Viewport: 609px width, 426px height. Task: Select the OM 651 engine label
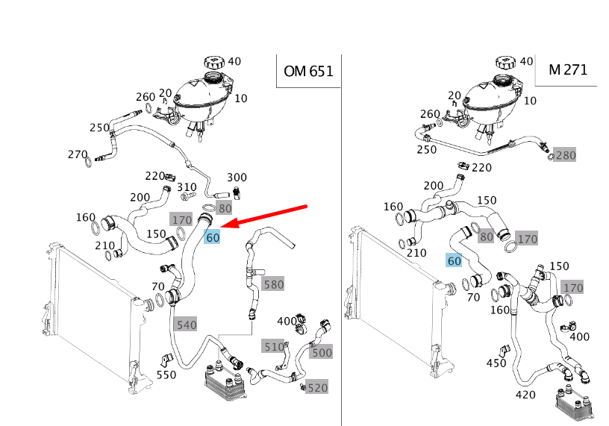click(x=307, y=72)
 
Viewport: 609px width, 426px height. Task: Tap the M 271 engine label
click(x=567, y=70)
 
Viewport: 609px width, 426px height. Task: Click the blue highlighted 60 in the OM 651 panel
click(x=213, y=238)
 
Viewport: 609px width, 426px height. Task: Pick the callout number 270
click(x=78, y=155)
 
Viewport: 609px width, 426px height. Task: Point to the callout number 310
click(x=187, y=187)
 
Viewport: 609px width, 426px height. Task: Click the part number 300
click(x=237, y=178)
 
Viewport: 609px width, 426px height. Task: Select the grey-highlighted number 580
click(x=273, y=284)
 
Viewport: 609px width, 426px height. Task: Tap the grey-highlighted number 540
click(x=185, y=325)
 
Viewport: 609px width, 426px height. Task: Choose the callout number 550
click(x=166, y=375)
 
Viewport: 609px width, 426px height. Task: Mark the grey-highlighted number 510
click(x=273, y=346)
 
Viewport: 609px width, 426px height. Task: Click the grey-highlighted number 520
click(x=317, y=387)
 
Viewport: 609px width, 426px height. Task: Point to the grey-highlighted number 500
click(x=322, y=352)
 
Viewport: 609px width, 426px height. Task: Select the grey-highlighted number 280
click(x=566, y=155)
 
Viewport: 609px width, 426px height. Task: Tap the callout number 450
click(x=496, y=363)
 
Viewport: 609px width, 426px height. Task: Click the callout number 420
click(x=525, y=394)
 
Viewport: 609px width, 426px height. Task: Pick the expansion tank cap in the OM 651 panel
click(x=213, y=64)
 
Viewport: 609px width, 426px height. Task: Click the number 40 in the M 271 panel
click(x=526, y=61)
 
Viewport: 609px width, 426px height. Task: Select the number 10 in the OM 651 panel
click(x=240, y=98)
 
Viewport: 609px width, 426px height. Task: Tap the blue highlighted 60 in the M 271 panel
click(x=454, y=260)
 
